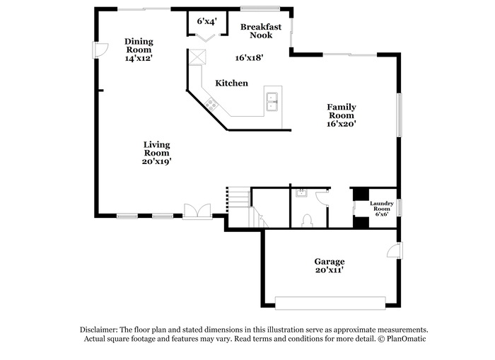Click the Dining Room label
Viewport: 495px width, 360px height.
click(x=139, y=45)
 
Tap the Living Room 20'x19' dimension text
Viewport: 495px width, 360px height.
click(x=156, y=161)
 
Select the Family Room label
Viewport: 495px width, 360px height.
click(x=342, y=111)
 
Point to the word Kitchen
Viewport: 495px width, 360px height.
click(x=231, y=83)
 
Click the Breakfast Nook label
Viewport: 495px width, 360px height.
click(x=261, y=31)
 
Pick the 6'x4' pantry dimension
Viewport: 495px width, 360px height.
click(x=206, y=21)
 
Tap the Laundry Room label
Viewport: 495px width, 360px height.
click(x=382, y=206)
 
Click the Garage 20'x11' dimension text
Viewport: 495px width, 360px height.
click(x=330, y=270)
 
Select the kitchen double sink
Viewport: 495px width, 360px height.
click(x=272, y=102)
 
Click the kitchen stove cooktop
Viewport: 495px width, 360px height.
click(x=211, y=104)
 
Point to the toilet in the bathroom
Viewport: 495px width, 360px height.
click(x=307, y=221)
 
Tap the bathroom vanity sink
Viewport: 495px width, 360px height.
click(x=301, y=192)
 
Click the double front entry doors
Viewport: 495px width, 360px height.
click(x=197, y=211)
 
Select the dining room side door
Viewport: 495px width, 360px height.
click(x=100, y=50)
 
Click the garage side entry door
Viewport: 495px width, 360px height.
click(x=395, y=251)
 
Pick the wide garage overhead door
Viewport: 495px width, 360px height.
click(x=330, y=303)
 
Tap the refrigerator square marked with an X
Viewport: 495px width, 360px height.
click(x=197, y=57)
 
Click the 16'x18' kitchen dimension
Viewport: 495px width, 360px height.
click(x=250, y=58)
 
